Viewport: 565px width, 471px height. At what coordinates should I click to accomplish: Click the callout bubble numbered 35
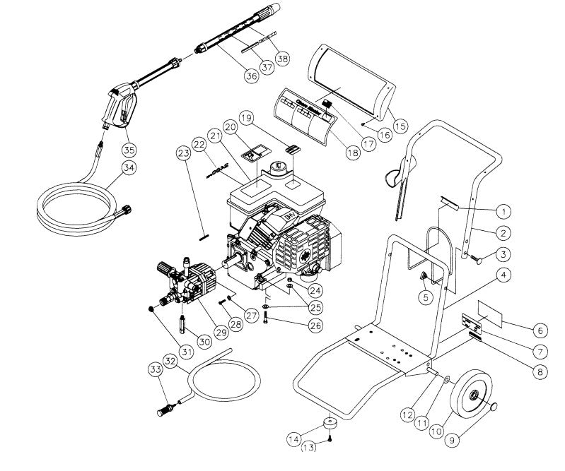[x=129, y=150]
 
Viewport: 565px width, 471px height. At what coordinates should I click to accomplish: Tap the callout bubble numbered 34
[x=128, y=167]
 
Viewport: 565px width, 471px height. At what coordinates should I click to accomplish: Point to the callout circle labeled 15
[x=400, y=126]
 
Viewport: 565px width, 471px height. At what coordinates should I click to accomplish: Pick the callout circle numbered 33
[x=155, y=369]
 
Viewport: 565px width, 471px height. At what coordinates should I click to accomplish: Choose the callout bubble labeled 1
[x=503, y=210]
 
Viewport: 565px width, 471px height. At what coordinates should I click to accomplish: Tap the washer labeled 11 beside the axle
[x=447, y=381]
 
